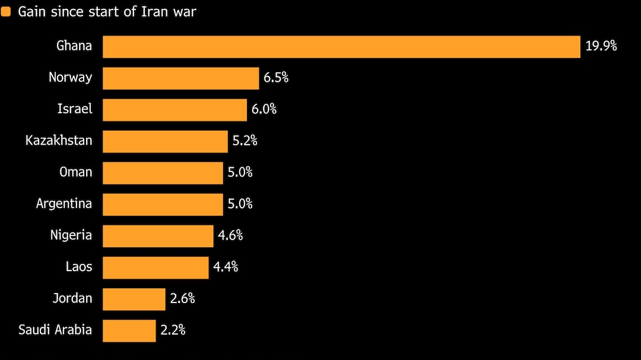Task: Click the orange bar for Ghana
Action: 341,47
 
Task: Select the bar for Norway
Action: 181,78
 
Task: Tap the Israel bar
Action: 174,110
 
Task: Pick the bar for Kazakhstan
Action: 165,141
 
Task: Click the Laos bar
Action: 156,267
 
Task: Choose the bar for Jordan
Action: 134,299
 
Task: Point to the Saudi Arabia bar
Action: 129,330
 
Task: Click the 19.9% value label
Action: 601,46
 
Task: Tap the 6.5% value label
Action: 276,78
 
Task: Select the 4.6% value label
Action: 230,235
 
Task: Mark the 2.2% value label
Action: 173,330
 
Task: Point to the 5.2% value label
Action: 245,141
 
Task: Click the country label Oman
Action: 76,173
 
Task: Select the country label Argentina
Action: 64,204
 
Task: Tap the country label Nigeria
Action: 71,235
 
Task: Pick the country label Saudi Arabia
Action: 55,330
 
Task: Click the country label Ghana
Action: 74,46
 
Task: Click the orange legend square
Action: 6,12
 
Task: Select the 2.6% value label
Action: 182,298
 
